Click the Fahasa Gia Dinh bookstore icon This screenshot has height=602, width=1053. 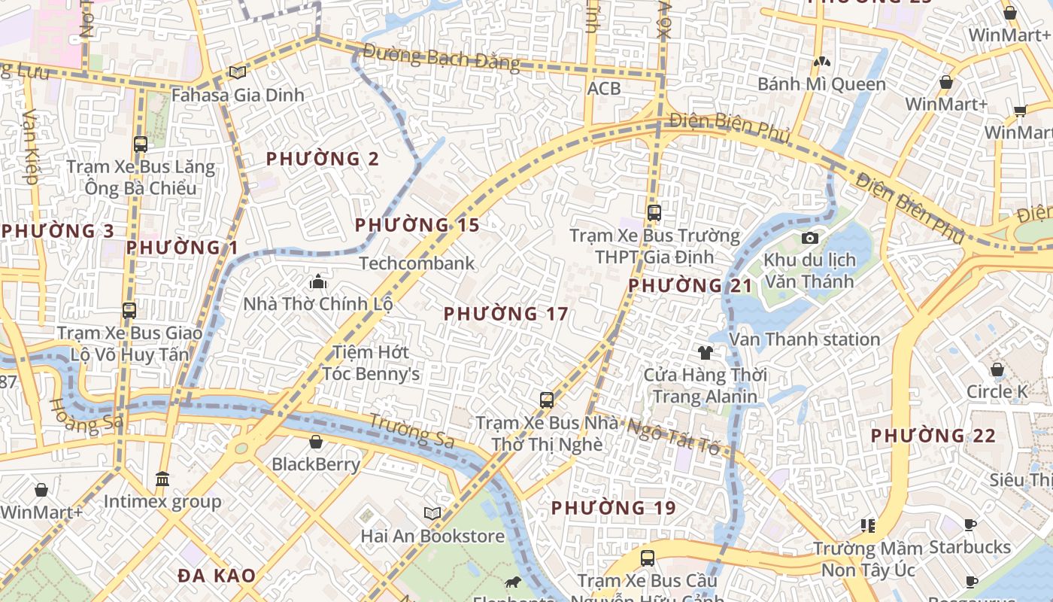pyautogui.click(x=238, y=72)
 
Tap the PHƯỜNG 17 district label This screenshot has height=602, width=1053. pyautogui.click(x=505, y=314)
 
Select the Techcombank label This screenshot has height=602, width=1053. pyautogui.click(x=417, y=263)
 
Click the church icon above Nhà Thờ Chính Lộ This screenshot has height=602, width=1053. pyautogui.click(x=317, y=282)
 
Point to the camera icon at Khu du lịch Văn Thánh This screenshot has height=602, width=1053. pyautogui.click(x=810, y=239)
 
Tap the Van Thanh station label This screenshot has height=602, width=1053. pyautogui.click(x=804, y=339)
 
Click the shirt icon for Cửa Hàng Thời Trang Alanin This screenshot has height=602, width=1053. pyautogui.click(x=705, y=352)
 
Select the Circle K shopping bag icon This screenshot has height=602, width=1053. pyautogui.click(x=997, y=369)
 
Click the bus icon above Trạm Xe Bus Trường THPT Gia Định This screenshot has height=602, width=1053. pyautogui.click(x=654, y=213)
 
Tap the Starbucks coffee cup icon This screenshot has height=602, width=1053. pyautogui.click(x=970, y=524)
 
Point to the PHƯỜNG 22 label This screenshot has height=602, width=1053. pyautogui.click(x=933, y=436)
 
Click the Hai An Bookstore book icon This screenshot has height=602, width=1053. pyautogui.click(x=432, y=513)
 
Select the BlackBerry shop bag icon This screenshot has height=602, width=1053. pyautogui.click(x=316, y=442)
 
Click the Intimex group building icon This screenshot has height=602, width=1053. pyautogui.click(x=162, y=479)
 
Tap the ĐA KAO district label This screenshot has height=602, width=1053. pyautogui.click(x=217, y=576)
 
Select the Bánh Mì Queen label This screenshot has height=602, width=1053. pyautogui.click(x=821, y=84)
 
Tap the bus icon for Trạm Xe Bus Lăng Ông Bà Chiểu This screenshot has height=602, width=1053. pyautogui.click(x=140, y=144)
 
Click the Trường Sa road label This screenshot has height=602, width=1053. pyautogui.click(x=412, y=430)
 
